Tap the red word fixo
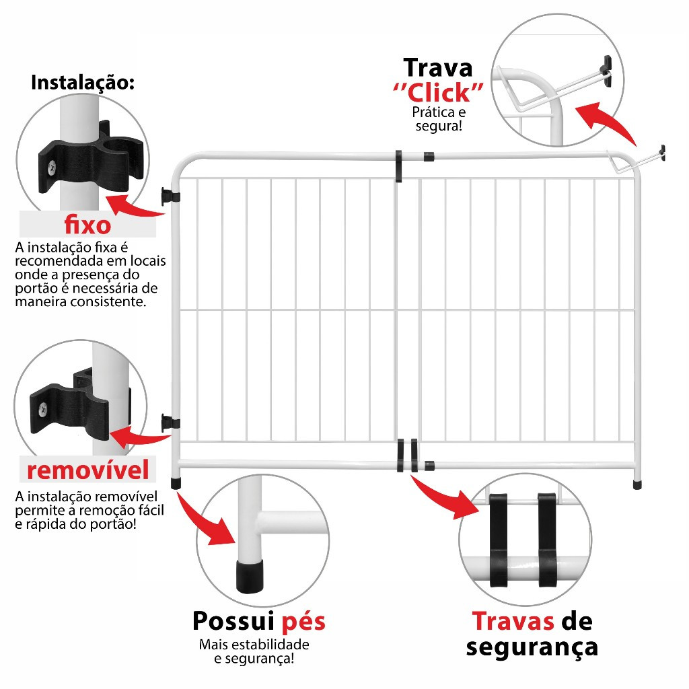(x=88, y=225)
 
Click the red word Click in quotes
(x=439, y=93)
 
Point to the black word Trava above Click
(x=438, y=68)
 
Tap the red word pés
(x=303, y=622)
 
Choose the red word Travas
(x=513, y=621)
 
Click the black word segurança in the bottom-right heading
(x=532, y=648)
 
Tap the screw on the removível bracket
(x=43, y=410)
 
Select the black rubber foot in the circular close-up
(x=250, y=576)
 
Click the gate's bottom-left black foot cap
(x=176, y=483)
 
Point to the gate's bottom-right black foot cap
(x=637, y=484)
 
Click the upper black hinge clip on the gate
(x=170, y=196)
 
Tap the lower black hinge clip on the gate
(x=170, y=423)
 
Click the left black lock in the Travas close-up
(x=498, y=540)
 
